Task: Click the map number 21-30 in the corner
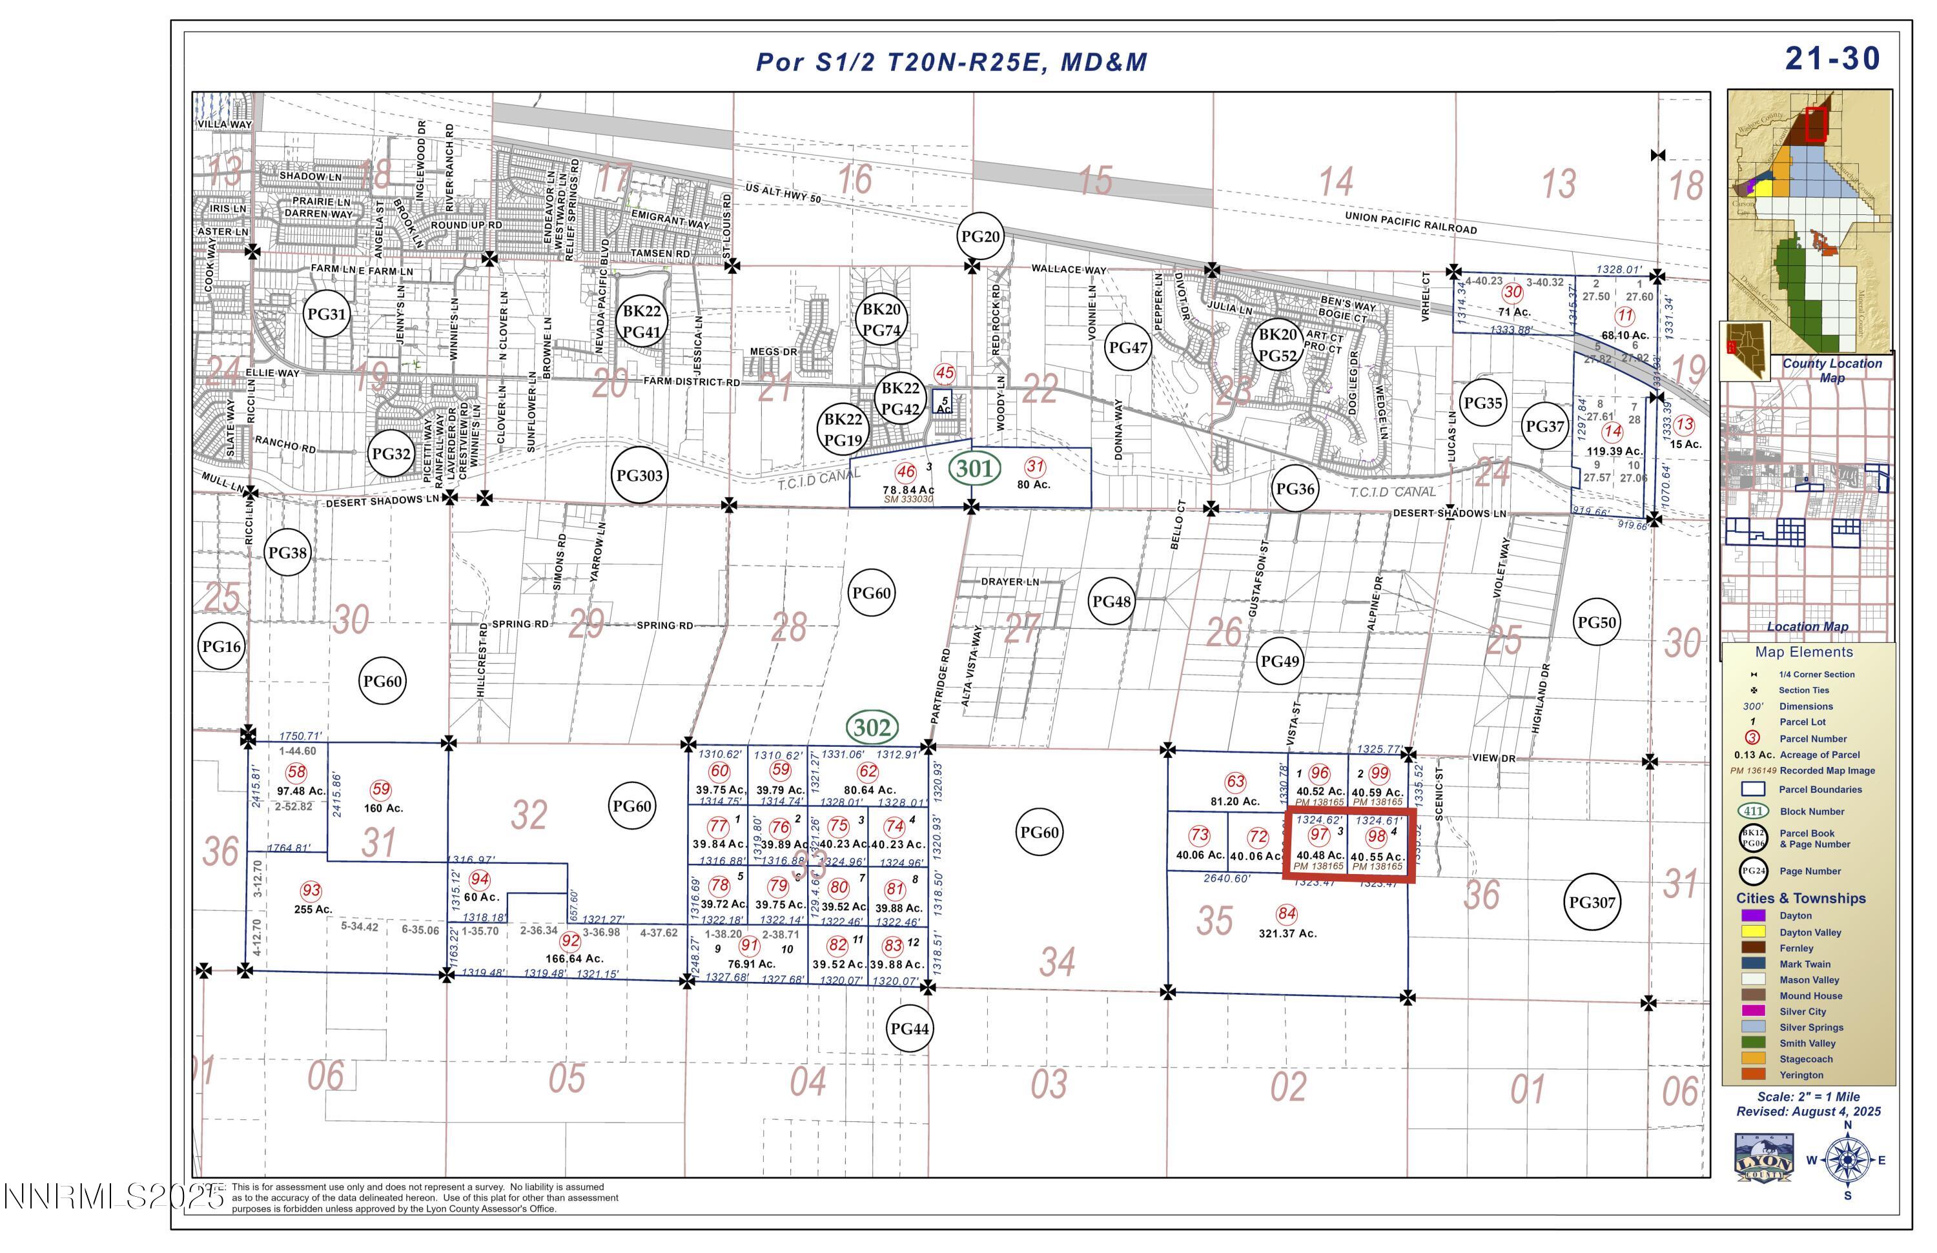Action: (1832, 59)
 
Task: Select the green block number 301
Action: (974, 468)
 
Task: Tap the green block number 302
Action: (872, 728)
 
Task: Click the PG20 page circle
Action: (980, 237)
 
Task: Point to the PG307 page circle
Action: (1592, 902)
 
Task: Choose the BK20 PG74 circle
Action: (881, 320)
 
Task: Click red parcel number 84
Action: (1286, 913)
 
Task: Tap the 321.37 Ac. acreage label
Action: (1287, 933)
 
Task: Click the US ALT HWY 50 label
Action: (783, 194)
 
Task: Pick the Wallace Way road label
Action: (1069, 269)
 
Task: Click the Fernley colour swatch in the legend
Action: (1752, 948)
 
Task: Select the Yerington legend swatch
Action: (1752, 1075)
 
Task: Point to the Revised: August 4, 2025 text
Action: (1809, 1112)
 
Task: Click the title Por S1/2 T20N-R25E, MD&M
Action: (952, 62)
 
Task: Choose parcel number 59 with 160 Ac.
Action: (380, 789)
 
